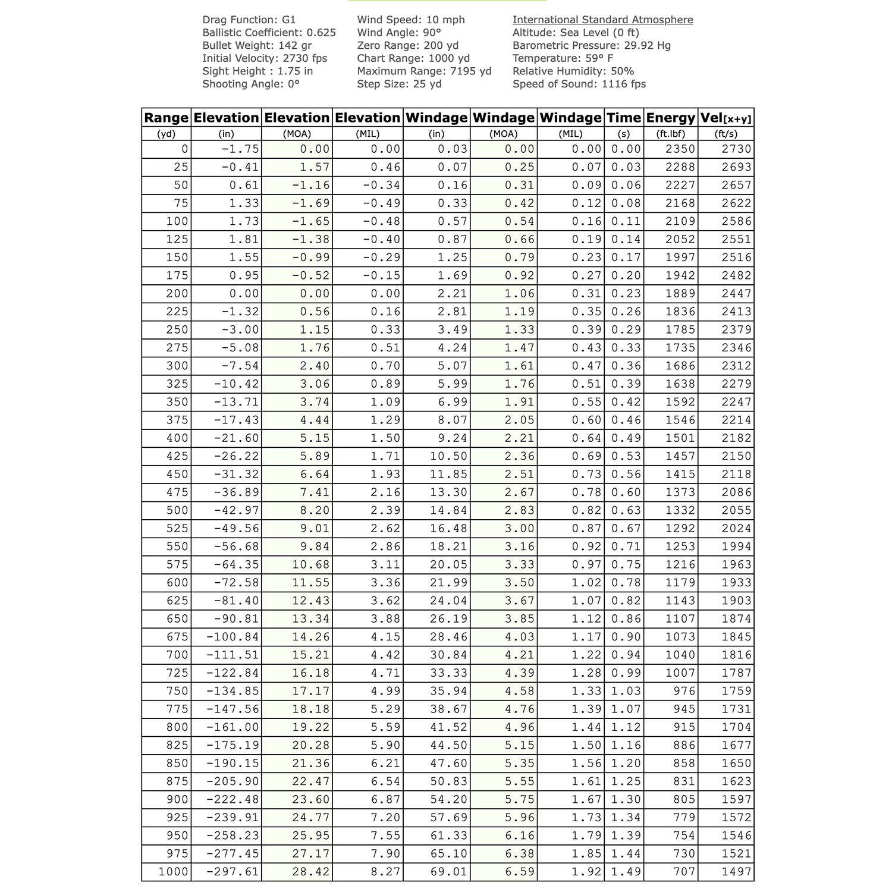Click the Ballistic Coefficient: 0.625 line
[x=269, y=33]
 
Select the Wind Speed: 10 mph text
[x=411, y=20]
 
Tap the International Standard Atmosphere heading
[x=602, y=20]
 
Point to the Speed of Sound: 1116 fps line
[x=579, y=84]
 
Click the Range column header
[x=166, y=118]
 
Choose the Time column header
[x=623, y=118]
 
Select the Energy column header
[x=670, y=118]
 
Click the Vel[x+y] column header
[x=725, y=118]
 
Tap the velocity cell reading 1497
[x=737, y=872]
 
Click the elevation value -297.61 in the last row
[x=233, y=872]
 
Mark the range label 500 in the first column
[x=177, y=510]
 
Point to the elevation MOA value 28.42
[x=311, y=872]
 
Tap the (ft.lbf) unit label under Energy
[x=670, y=134]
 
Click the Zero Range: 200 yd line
[x=407, y=45]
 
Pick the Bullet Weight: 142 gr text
[x=257, y=45]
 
